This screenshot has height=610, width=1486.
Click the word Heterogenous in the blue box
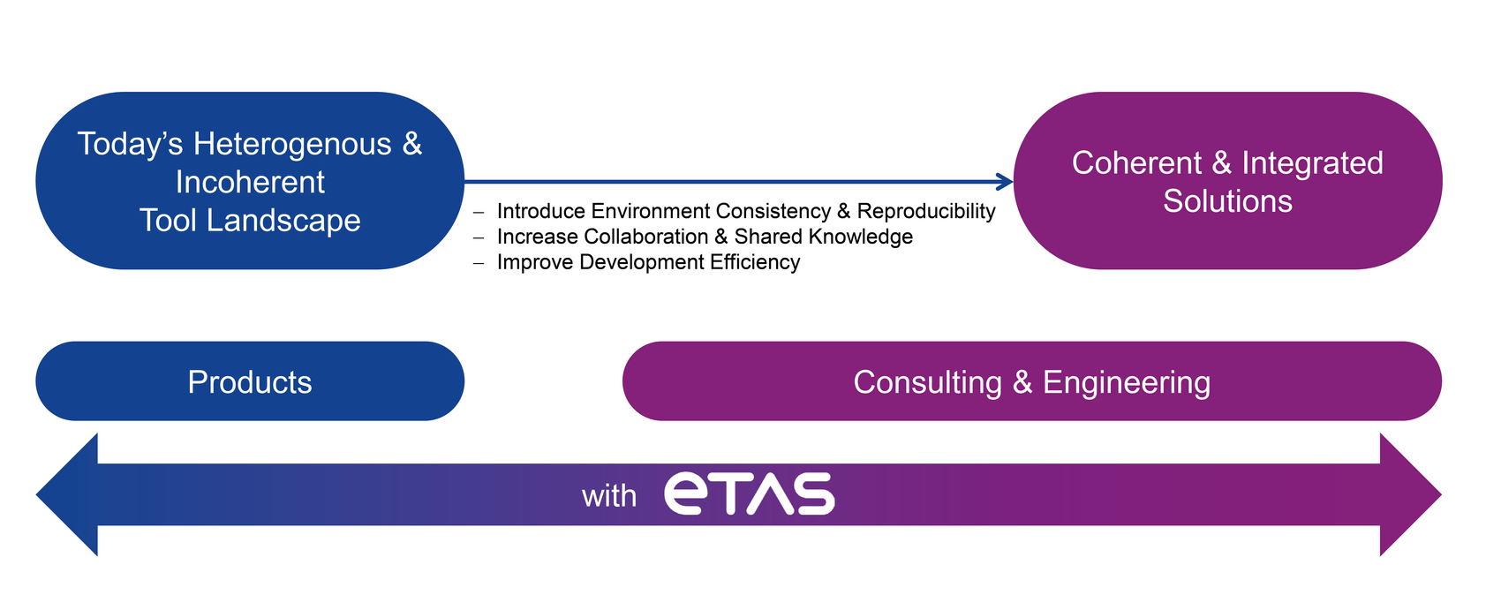point(292,145)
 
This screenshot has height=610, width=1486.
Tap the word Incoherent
point(250,183)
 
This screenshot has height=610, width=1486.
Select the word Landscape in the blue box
point(283,221)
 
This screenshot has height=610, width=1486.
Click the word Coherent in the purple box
point(1136,163)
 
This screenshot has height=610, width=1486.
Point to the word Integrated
point(1312,164)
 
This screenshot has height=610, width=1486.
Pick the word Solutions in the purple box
point(1228,201)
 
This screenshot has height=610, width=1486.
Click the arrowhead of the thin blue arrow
point(1005,181)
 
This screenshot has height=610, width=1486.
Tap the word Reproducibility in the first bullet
point(926,212)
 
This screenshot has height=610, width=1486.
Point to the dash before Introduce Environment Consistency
point(479,213)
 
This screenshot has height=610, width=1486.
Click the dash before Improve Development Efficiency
point(479,263)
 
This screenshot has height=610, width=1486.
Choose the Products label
point(250,382)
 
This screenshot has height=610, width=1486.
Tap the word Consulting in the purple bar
point(927,382)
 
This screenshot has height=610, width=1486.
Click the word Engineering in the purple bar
point(1127,383)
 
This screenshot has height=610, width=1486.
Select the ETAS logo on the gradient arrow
point(750,493)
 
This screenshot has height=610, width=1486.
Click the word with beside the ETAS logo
point(609,496)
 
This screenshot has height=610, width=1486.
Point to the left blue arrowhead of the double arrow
point(67,494)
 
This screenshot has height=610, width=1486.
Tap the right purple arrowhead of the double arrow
point(1410,494)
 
